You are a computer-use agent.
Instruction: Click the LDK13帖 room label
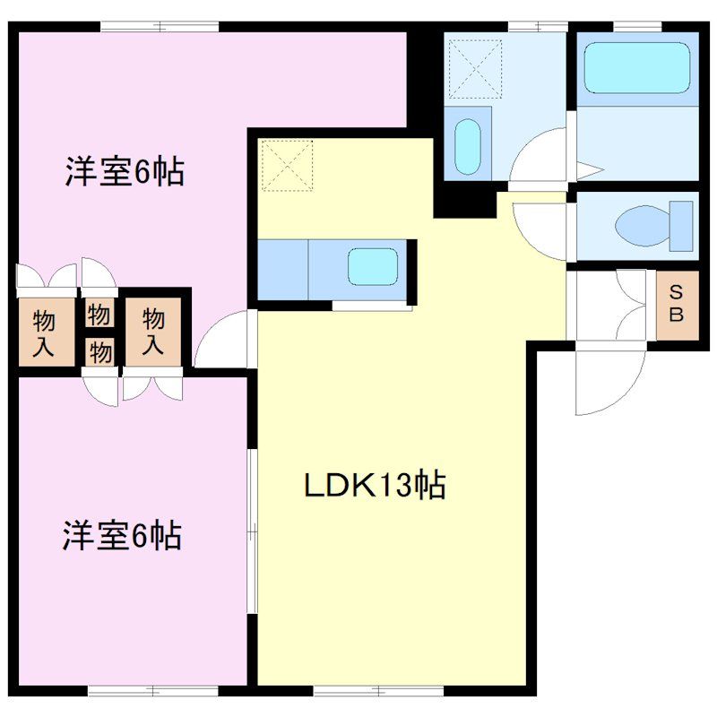(x=375, y=486)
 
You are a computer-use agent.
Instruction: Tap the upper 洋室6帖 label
(x=125, y=171)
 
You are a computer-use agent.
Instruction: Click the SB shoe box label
(x=677, y=303)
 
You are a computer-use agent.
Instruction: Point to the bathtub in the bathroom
(x=637, y=68)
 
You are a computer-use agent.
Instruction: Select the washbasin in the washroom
(x=468, y=147)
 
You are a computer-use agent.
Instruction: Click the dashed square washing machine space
(x=476, y=69)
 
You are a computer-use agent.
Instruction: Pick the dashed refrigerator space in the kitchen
(x=288, y=166)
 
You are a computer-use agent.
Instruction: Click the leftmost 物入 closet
(x=44, y=333)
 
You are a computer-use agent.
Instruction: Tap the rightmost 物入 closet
(x=153, y=332)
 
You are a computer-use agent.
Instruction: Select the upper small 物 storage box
(x=99, y=314)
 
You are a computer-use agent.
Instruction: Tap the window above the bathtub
(x=638, y=27)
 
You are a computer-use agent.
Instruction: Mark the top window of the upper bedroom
(x=160, y=27)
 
